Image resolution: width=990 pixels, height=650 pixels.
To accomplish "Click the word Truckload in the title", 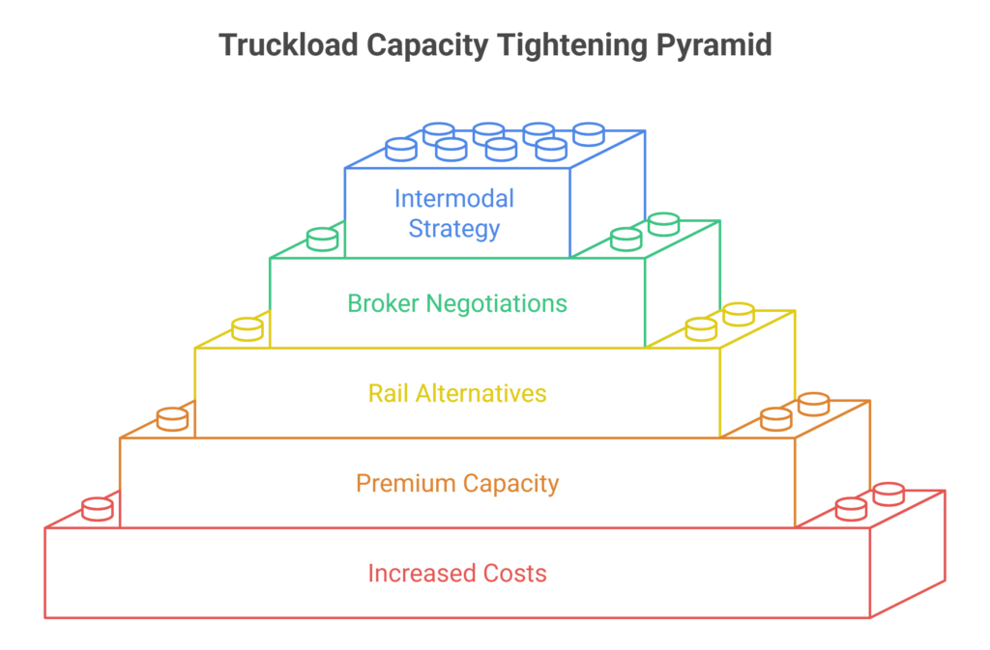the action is point(288,45).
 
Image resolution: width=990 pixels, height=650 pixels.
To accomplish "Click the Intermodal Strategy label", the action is point(454,213).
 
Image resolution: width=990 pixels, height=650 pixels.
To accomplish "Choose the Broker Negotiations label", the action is point(457,303).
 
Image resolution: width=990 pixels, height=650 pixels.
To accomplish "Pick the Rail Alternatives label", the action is point(457,393).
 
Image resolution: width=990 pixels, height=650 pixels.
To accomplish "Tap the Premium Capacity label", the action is point(457,484).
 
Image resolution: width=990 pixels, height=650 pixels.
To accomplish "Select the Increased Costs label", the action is point(457,573).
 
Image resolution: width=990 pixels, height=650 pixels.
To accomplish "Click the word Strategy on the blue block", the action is point(454,228).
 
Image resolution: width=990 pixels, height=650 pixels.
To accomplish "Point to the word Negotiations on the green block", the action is point(496,304).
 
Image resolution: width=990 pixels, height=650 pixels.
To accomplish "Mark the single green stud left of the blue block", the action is point(322,240).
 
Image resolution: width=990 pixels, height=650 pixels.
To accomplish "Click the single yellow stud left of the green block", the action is point(247,329).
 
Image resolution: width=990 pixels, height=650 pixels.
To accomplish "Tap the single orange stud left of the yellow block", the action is point(172,419).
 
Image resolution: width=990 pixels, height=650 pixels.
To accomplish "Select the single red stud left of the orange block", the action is point(98,509).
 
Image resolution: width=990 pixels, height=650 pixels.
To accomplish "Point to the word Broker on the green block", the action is point(383,303).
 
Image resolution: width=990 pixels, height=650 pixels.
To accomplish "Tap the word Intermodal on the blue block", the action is point(454,199).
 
